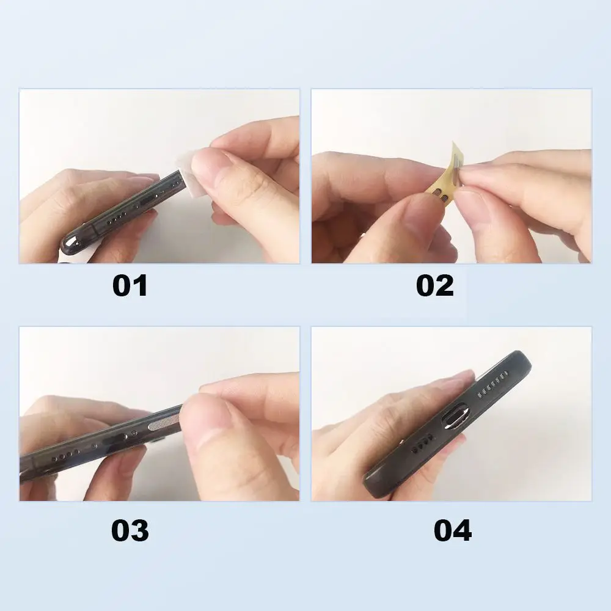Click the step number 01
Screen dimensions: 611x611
[130, 286]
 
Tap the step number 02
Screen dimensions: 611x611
[435, 286]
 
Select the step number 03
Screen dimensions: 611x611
[130, 530]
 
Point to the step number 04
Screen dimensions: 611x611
[453, 530]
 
